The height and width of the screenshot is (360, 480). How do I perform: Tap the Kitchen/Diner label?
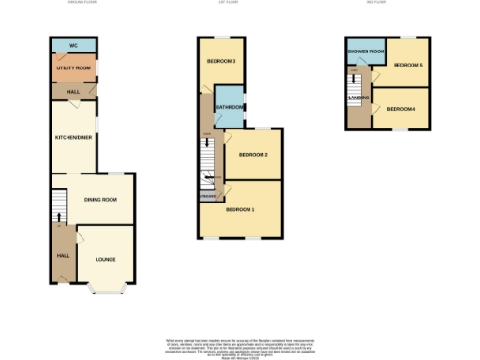coord(72,138)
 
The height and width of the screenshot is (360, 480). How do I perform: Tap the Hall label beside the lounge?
coord(63,255)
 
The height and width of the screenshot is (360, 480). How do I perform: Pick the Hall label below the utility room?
coord(72,92)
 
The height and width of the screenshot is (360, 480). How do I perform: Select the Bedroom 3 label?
coord(221,62)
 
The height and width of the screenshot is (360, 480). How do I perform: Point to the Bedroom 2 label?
coord(253,155)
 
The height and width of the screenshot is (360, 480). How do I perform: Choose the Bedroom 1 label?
coord(240,209)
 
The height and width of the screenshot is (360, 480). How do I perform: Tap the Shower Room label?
coord(365,52)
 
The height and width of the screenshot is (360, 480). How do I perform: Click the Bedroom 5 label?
coord(407,65)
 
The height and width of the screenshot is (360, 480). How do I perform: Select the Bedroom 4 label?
coord(401,109)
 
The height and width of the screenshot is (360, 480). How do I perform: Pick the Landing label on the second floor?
coord(358,97)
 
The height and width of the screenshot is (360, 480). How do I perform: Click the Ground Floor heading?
coord(82,3)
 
